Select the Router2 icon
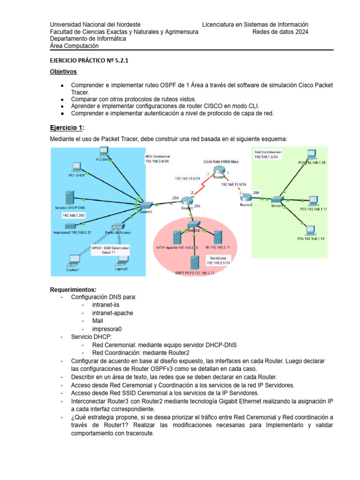click(x=246, y=199)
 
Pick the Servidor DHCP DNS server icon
click(x=69, y=197)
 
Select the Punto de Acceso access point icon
click(x=118, y=226)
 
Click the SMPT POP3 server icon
click(x=193, y=263)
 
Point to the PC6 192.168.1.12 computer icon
click(x=309, y=231)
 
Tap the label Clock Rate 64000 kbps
click(x=220, y=162)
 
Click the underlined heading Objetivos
click(x=63, y=72)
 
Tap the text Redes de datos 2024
click(x=280, y=32)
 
